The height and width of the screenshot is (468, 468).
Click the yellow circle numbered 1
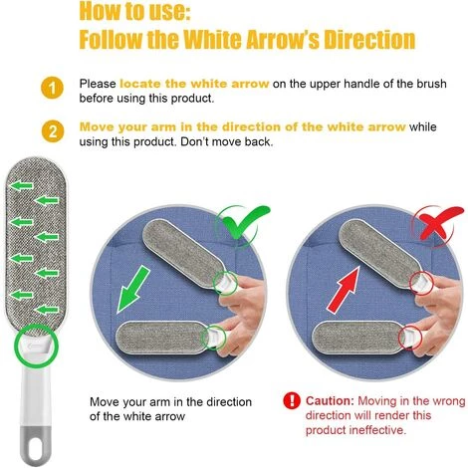click(x=52, y=89)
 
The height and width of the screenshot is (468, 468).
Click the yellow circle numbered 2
click(x=52, y=131)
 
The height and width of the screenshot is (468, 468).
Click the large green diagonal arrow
click(x=133, y=290)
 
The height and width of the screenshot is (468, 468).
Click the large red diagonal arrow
click(x=344, y=290)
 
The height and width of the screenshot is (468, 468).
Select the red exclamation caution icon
click(x=292, y=400)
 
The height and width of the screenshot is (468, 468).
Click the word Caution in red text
click(x=330, y=401)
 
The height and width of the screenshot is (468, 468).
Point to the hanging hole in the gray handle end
click(x=36, y=450)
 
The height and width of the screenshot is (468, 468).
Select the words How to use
click(x=134, y=11)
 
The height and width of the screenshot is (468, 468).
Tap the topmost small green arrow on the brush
click(x=22, y=186)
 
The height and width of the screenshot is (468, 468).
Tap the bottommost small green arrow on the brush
click(x=47, y=310)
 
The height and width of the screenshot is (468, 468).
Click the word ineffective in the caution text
click(x=382, y=430)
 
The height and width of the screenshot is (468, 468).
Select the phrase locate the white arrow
click(x=194, y=84)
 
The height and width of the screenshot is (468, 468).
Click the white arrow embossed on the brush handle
click(x=35, y=347)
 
